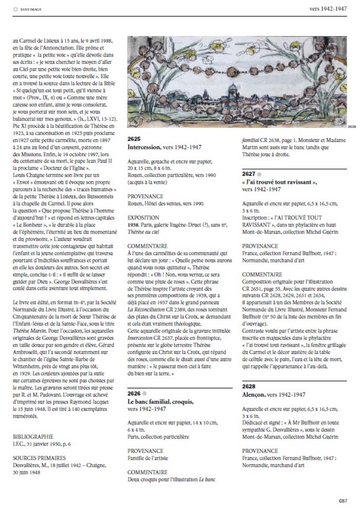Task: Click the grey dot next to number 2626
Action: tap(145, 394)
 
